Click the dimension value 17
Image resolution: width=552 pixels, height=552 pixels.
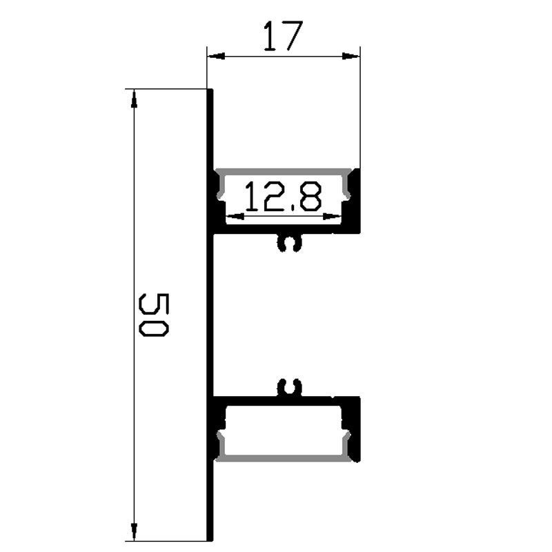[x=283, y=36]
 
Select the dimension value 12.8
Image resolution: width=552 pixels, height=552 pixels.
[x=283, y=197]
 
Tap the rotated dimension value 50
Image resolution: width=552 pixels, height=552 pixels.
[x=153, y=314]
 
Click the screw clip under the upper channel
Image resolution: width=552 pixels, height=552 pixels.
[x=289, y=244]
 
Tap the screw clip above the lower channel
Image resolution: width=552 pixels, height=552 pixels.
[x=289, y=388]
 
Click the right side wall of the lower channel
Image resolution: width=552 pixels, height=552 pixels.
[x=356, y=431]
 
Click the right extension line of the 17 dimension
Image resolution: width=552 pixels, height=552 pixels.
[x=361, y=110]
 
